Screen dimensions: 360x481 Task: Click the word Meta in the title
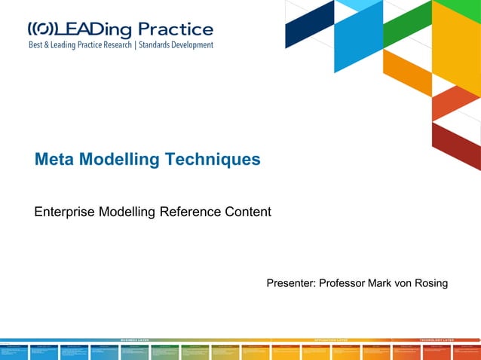pyautogui.click(x=54, y=160)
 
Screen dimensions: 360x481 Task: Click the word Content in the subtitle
pyautogui.click(x=248, y=212)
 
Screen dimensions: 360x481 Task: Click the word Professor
pyautogui.click(x=342, y=283)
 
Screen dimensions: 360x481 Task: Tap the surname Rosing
pyautogui.click(x=430, y=283)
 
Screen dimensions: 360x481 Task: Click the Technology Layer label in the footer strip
pyautogui.click(x=438, y=340)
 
